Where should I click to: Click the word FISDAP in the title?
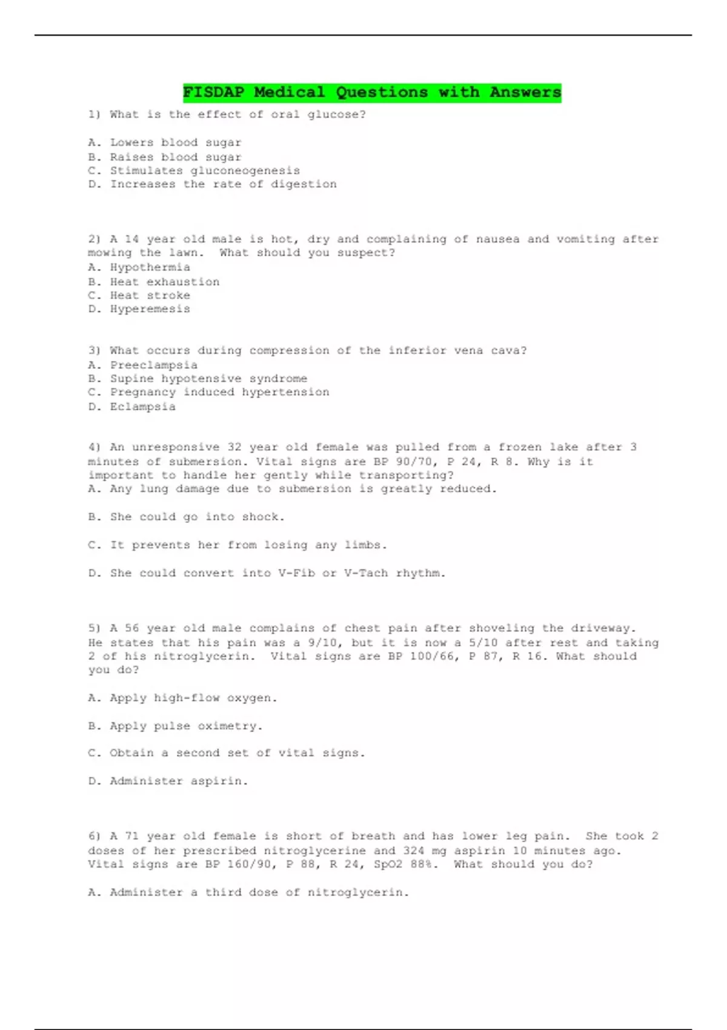point(213,92)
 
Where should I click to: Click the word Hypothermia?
point(150,267)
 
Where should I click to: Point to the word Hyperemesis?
point(150,309)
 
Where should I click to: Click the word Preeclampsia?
point(153,365)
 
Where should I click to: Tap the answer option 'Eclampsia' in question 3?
point(142,407)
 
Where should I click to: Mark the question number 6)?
point(95,836)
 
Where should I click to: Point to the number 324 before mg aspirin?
point(414,851)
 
